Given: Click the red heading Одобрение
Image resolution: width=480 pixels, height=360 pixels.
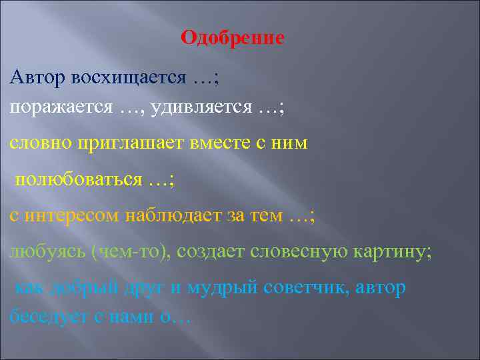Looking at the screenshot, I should click(x=232, y=37).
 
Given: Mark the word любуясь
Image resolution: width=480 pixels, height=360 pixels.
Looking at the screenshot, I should click(x=47, y=251).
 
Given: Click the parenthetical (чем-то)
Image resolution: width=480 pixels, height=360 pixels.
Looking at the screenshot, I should click(x=134, y=251).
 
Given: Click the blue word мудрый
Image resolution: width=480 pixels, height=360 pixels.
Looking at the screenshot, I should click(x=225, y=288).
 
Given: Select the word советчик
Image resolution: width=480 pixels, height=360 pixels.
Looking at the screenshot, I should click(x=307, y=288).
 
